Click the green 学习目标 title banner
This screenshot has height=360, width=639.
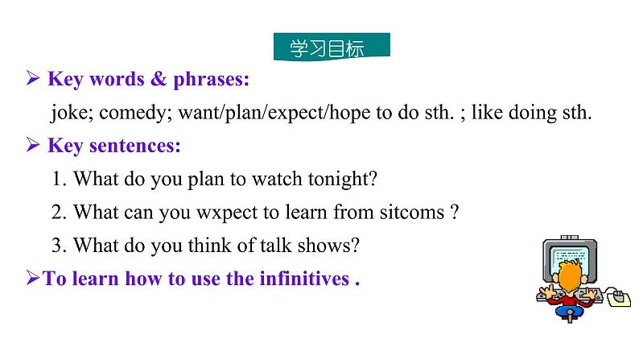point(332,47)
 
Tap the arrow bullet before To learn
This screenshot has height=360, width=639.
point(33,279)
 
